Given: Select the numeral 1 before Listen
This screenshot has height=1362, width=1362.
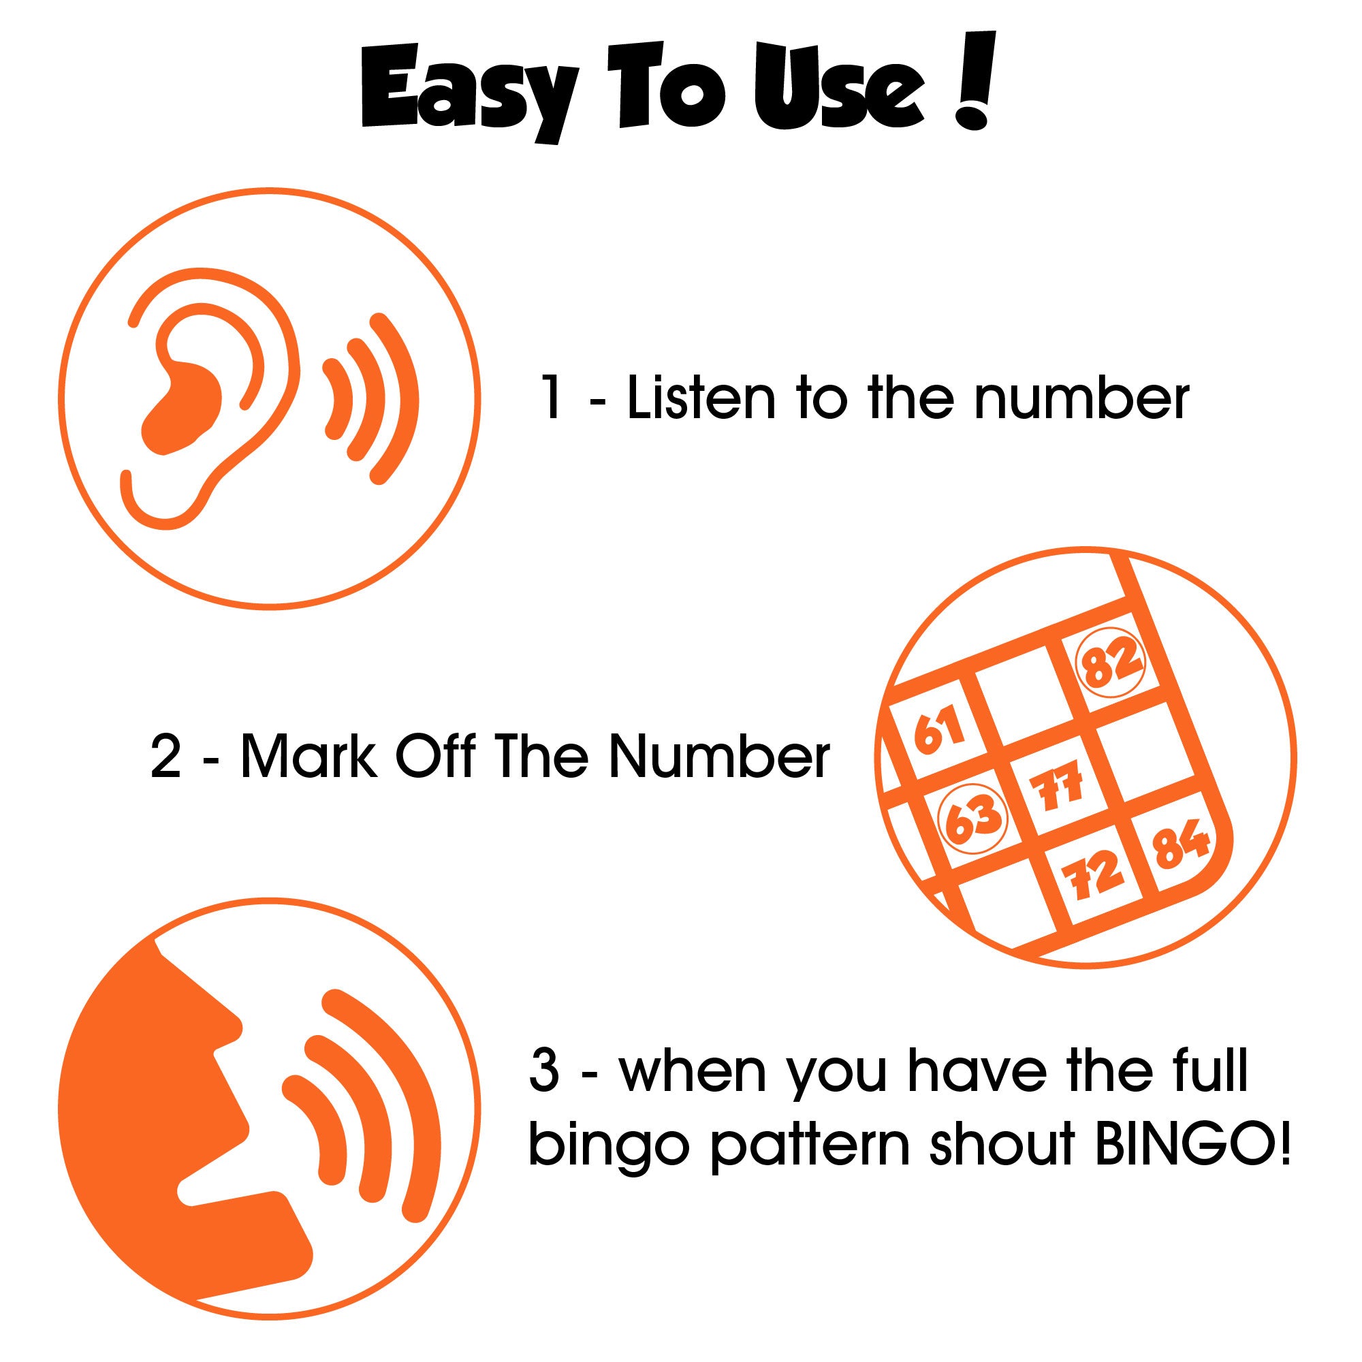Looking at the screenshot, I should (554, 399).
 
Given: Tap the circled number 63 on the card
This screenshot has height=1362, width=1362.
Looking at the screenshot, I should (973, 817).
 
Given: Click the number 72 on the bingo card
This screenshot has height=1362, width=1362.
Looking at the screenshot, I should (1096, 876).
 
